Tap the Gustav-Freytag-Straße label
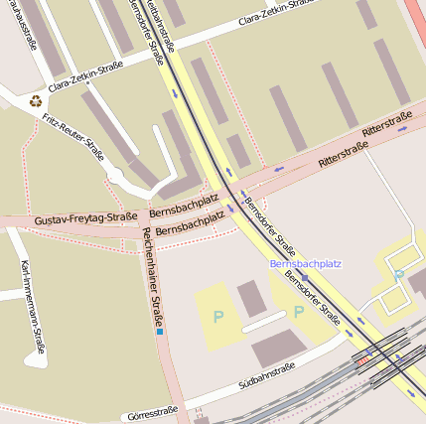(85, 218)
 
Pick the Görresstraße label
(153, 411)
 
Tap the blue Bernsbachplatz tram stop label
(305, 264)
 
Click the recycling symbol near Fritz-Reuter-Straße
(37, 99)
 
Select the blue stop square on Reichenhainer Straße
(159, 331)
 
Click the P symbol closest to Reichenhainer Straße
(217, 318)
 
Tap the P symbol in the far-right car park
(398, 275)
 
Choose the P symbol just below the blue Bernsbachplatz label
(298, 312)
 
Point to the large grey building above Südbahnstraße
(279, 349)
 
